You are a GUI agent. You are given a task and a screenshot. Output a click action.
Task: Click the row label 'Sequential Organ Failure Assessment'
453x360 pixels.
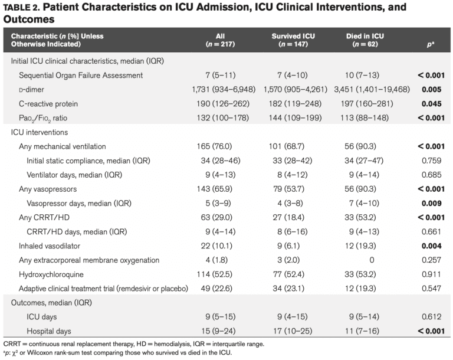click(84, 75)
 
